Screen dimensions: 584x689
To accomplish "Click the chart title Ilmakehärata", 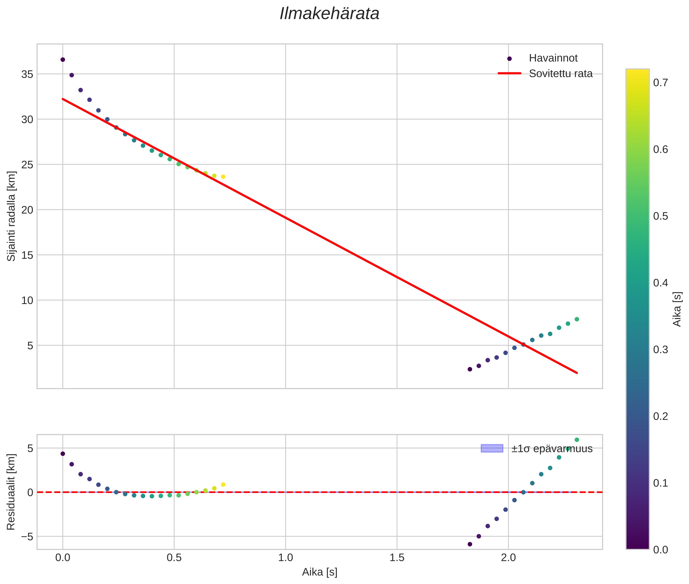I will pos(329,14).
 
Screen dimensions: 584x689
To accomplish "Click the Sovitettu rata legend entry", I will pos(560,74).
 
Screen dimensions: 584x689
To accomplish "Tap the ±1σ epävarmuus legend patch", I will pos(492,449).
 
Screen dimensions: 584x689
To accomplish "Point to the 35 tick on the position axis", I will pos(27,74).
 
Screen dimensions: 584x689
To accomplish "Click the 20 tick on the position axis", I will pos(27,210).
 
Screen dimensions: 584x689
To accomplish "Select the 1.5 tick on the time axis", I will pos(397,558).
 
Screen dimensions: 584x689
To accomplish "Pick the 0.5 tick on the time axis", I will pos(174,558).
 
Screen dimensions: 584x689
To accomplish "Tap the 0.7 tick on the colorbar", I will pos(660,82).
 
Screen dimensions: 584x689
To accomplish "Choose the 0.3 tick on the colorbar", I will pos(660,350).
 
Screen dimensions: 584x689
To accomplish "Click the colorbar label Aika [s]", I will pos(677,309).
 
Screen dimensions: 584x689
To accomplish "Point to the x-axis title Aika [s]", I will pos(320,572).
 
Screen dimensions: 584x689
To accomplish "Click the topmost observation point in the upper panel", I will pos(63,60).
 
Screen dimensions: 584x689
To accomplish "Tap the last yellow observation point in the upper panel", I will pos(223,177).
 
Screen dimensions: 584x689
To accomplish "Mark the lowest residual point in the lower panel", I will pos(470,544).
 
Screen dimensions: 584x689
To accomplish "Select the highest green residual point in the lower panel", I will pos(577,440).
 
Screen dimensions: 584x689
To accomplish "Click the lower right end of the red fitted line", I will pos(577,373).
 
